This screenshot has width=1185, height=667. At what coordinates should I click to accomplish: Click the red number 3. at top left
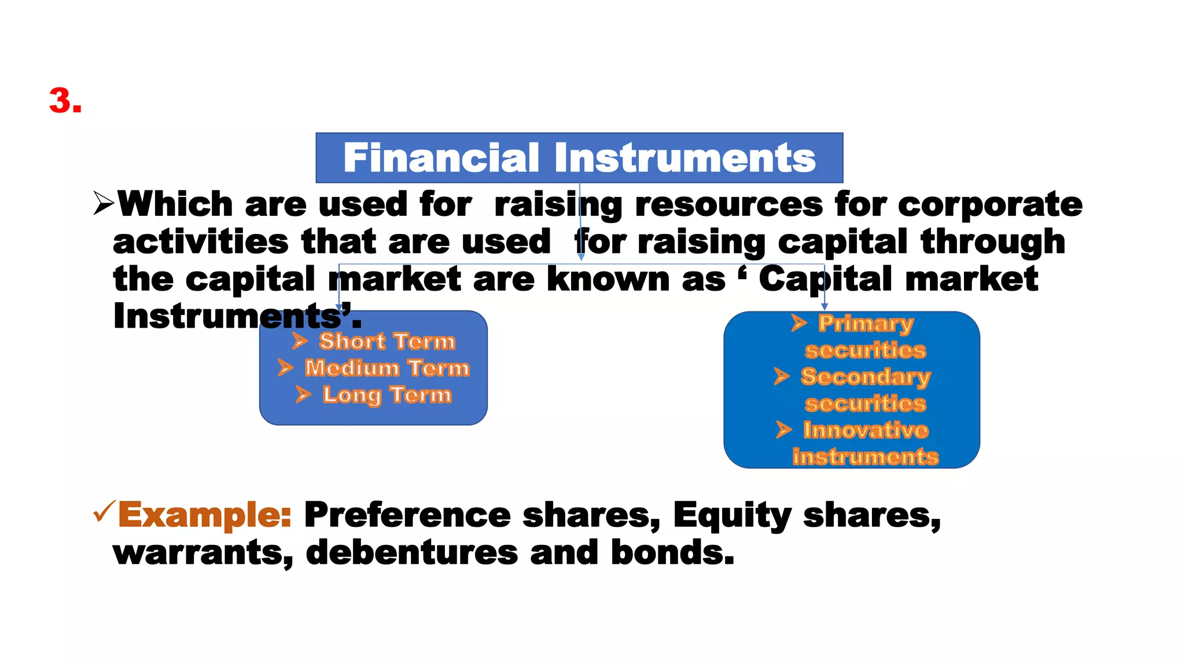65,101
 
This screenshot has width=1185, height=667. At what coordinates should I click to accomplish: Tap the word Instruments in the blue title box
685,158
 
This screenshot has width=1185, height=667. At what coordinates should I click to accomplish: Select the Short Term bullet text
387,342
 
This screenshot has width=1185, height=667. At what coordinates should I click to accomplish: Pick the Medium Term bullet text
387,368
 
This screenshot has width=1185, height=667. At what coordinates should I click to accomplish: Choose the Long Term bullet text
387,395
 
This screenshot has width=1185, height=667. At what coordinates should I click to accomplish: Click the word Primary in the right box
866,324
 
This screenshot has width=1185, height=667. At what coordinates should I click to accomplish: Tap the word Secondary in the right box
866,377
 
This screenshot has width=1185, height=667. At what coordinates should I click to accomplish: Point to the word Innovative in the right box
866,430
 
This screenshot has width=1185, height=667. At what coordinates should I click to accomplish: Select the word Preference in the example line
407,515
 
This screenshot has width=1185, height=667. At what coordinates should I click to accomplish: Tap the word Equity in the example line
732,515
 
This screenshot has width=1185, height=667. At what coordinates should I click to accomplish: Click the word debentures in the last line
411,552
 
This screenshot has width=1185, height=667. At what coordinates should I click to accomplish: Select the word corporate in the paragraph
990,205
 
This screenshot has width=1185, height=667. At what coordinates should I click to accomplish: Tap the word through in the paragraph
993,242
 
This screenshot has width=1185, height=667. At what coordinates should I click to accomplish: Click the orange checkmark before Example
104,512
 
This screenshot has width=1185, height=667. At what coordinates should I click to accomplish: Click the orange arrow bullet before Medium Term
285,368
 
